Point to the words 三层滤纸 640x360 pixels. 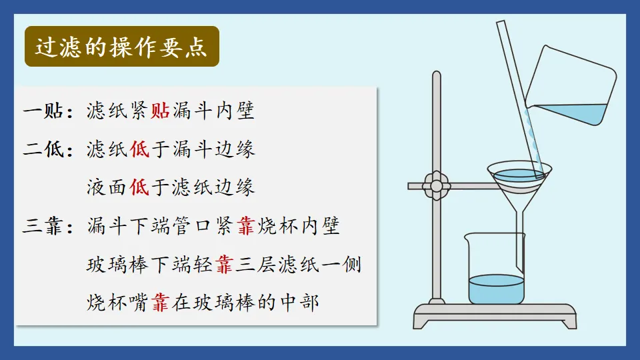(279, 265)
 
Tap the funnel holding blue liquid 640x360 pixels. (517, 178)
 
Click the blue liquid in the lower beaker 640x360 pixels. (496, 289)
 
